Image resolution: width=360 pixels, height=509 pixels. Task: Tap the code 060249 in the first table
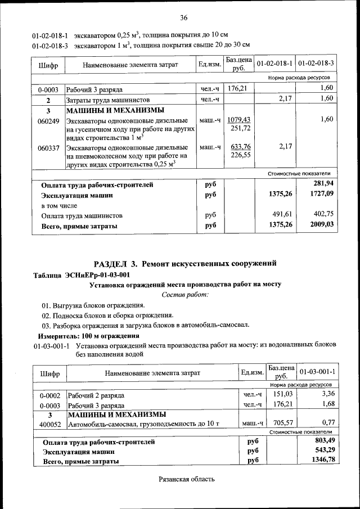(48, 120)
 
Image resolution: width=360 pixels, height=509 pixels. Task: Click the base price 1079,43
(240, 120)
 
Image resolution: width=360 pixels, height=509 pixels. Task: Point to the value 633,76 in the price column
(240, 147)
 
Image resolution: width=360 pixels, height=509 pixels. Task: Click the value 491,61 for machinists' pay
(283, 215)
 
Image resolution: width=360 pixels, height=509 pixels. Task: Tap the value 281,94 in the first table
(323, 184)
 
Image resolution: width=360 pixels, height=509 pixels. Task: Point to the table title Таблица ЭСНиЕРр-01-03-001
(82, 274)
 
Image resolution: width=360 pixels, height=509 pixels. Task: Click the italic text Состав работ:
(185, 295)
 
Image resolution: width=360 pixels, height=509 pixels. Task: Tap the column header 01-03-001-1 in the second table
(317, 372)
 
